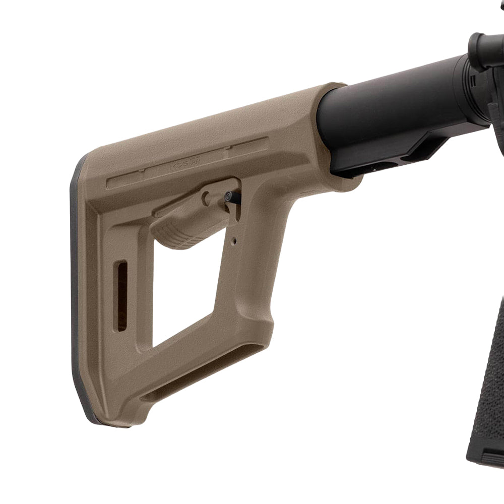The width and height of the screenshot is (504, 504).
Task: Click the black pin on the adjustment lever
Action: (233, 196)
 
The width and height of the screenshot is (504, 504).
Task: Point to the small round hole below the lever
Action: (235, 241)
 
